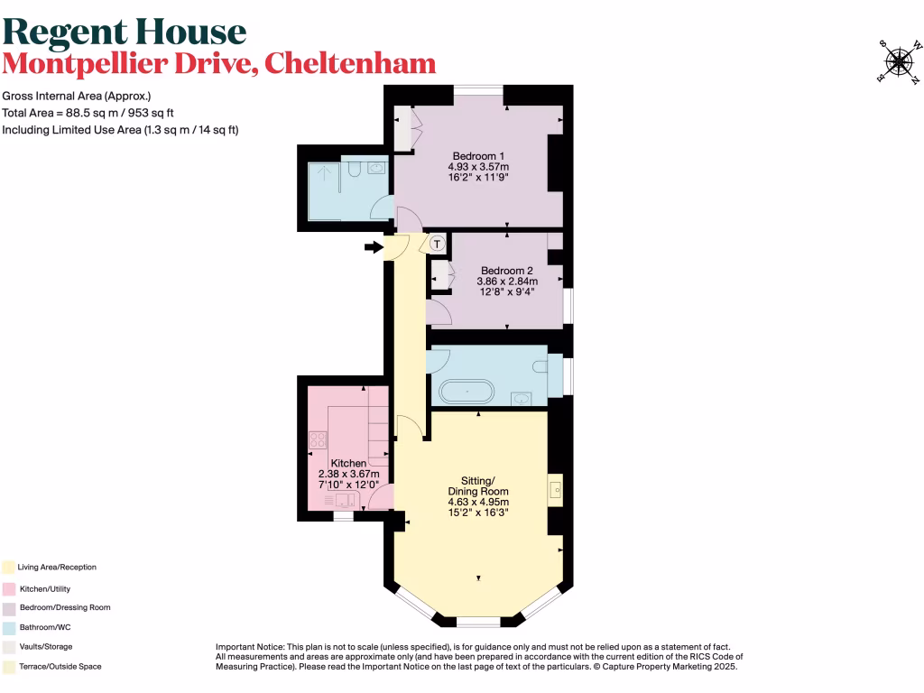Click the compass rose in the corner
tap(898, 60)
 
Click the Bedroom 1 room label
tap(479, 156)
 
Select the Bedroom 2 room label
tap(507, 271)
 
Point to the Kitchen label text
tap(348, 463)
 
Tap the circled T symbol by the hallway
tap(438, 244)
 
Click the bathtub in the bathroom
tap(467, 392)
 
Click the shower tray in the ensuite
tap(323, 189)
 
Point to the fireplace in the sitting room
tap(555, 491)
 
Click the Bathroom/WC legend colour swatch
tap(8, 627)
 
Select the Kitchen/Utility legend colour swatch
tap(8, 587)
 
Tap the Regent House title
tap(125, 32)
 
